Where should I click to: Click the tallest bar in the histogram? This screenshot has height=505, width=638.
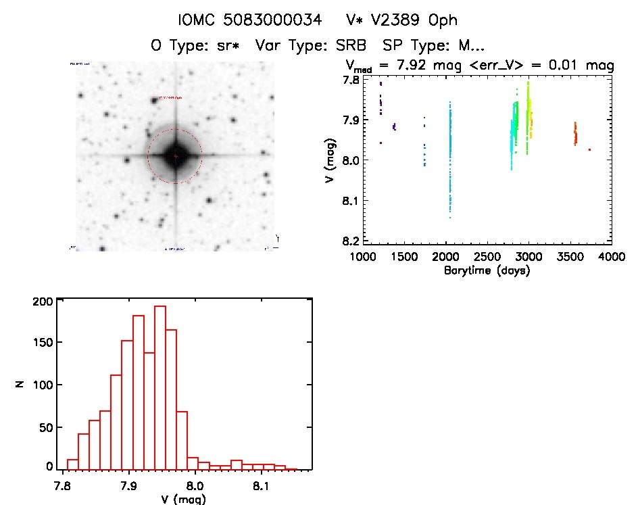pos(160,387)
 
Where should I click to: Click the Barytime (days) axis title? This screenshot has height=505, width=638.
pos(487,270)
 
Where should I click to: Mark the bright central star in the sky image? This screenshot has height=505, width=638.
pos(175,156)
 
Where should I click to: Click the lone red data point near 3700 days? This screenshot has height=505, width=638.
pos(589,149)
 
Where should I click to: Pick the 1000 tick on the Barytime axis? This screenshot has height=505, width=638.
pos(363,257)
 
